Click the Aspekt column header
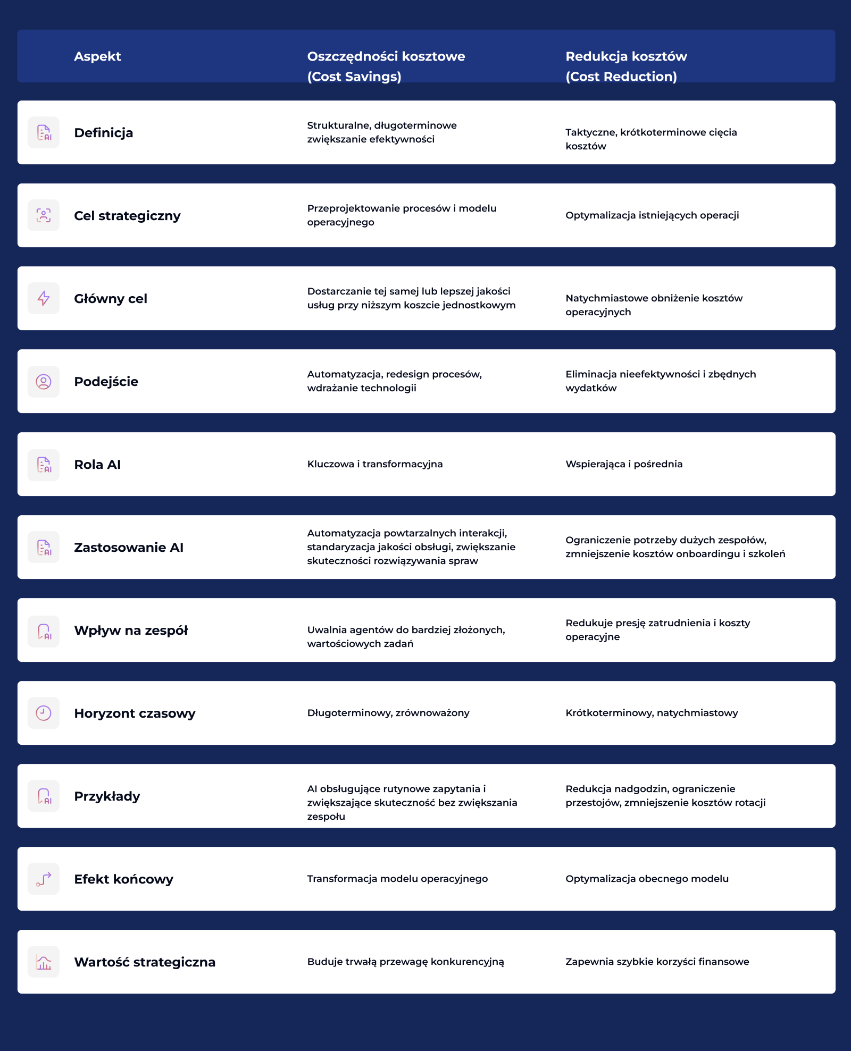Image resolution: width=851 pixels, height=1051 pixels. coord(97,56)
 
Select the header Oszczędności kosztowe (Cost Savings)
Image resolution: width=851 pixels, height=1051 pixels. coord(386,66)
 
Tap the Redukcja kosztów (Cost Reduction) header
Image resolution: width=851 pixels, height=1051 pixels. coord(626,66)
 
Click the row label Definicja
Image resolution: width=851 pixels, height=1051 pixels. coord(103,133)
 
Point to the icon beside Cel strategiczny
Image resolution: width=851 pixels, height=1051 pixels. coord(44,215)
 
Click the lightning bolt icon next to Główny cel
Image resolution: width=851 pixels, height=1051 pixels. coord(44,298)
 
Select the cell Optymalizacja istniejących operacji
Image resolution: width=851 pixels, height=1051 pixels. coord(652,215)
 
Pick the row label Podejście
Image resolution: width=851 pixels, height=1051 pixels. coord(106,382)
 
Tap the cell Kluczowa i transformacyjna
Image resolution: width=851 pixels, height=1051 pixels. coord(374,464)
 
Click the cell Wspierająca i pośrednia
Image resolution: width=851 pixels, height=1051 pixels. coord(624,464)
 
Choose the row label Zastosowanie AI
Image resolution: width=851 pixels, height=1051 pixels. coord(129,548)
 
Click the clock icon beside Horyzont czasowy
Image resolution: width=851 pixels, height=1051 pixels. coord(44,713)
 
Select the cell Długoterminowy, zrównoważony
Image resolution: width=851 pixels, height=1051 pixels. coord(388,713)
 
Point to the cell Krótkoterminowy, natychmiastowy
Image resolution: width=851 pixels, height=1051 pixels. coord(652,713)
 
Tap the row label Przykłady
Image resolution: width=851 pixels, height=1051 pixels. coord(107,796)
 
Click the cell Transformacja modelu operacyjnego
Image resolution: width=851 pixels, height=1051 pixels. coord(397,879)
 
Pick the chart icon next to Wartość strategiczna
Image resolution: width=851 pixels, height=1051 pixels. coord(44,962)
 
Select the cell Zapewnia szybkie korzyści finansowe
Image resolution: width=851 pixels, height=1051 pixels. coord(657,962)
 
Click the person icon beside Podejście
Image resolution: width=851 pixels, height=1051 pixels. coord(44,381)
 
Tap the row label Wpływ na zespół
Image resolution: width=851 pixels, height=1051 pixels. coord(131,630)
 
